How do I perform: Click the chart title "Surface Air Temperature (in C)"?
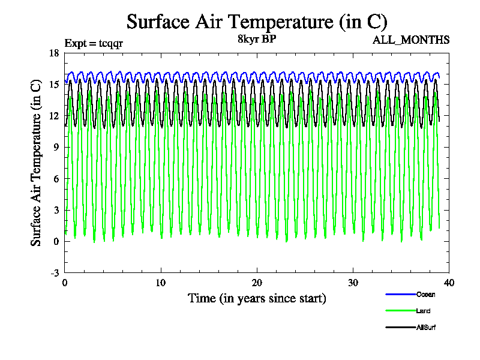point(257,22)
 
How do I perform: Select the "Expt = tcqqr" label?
point(94,43)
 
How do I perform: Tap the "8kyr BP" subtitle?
point(257,40)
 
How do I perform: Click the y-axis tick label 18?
point(53,53)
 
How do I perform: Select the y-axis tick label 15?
point(53,85)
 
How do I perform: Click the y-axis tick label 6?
point(56,179)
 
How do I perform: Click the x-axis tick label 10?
point(161,283)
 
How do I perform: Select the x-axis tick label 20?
point(257,283)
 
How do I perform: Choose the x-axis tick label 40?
point(449,283)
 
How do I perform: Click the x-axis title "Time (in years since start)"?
point(257,298)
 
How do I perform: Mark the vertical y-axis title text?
point(37,163)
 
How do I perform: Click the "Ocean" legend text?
point(425,294)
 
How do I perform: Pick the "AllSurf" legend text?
point(427,328)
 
